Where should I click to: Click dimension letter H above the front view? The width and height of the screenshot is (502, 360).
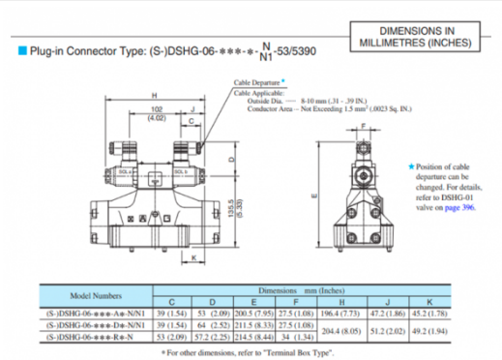point(154,94)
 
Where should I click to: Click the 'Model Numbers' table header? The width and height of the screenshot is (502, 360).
point(96,295)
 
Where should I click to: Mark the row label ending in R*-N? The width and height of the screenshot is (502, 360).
point(96,336)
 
